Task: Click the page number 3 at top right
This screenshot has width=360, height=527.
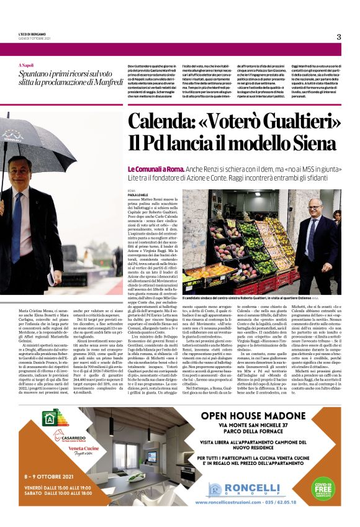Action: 339,37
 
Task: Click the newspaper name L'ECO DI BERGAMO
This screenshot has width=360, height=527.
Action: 32,35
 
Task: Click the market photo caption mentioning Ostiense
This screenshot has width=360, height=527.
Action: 254,298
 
